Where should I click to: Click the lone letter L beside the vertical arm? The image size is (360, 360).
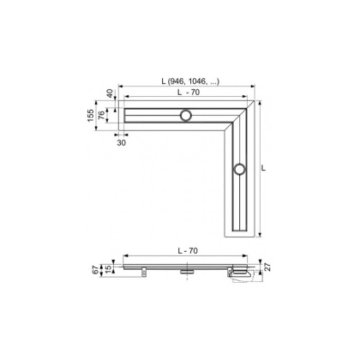click(x=263, y=170)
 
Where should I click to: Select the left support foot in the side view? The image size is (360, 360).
click(x=144, y=273)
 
